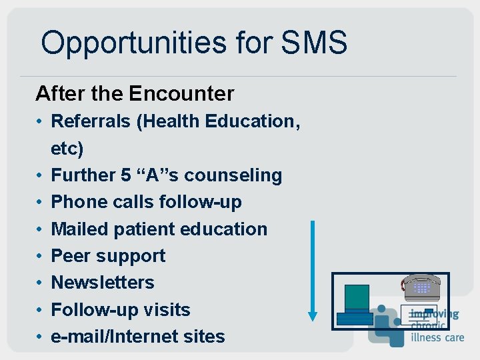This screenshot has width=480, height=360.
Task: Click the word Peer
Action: click(71, 255)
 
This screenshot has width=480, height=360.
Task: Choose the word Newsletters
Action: click(103, 283)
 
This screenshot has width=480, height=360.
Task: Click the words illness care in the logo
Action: click(437, 337)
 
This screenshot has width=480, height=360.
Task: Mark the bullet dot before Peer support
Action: click(41, 256)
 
